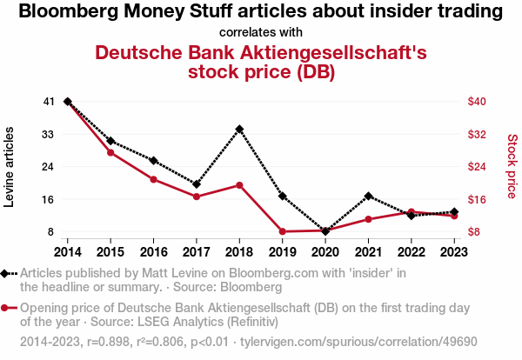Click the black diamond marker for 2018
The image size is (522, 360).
coord(239,129)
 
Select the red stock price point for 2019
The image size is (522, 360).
coord(283,231)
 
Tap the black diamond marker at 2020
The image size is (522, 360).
coord(325,231)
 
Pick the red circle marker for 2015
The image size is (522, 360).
coord(110,152)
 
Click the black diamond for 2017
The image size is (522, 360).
coord(197,184)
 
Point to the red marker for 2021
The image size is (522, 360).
coord(369,219)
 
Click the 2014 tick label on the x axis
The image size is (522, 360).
coord(68,251)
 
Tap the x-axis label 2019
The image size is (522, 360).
coord(283,251)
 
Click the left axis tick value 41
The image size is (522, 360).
coord(48,102)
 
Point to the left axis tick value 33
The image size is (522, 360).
coord(48,134)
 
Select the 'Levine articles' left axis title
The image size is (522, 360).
coord(10,167)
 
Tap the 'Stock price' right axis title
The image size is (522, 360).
coord(512,167)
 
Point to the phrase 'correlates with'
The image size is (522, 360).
coord(260,32)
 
